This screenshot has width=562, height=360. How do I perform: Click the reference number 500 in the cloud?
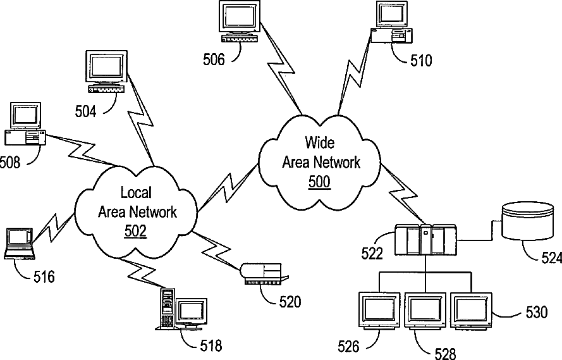point(319,182)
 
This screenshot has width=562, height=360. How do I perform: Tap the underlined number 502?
point(135,232)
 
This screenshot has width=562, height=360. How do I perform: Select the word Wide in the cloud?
point(320,143)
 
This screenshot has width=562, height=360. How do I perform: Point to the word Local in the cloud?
point(136,192)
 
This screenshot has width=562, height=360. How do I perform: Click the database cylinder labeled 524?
point(527,221)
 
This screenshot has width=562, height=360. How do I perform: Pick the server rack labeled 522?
point(425,240)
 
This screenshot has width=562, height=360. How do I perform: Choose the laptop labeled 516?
point(20,244)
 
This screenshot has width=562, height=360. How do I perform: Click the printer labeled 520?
point(264,274)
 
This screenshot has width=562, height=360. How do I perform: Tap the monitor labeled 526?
point(379,311)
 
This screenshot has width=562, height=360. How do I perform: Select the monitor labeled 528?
point(425,311)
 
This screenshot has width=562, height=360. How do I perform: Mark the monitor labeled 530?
point(471,311)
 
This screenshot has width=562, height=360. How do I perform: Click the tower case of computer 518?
point(166,308)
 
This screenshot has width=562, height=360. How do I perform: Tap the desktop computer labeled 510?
point(391,22)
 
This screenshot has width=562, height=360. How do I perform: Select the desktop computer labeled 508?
point(25,124)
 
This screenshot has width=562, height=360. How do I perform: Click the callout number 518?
point(211,345)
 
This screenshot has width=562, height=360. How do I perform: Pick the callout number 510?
point(421,61)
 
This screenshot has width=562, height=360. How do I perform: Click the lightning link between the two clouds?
point(228,187)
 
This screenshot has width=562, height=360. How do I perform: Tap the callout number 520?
point(290,302)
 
